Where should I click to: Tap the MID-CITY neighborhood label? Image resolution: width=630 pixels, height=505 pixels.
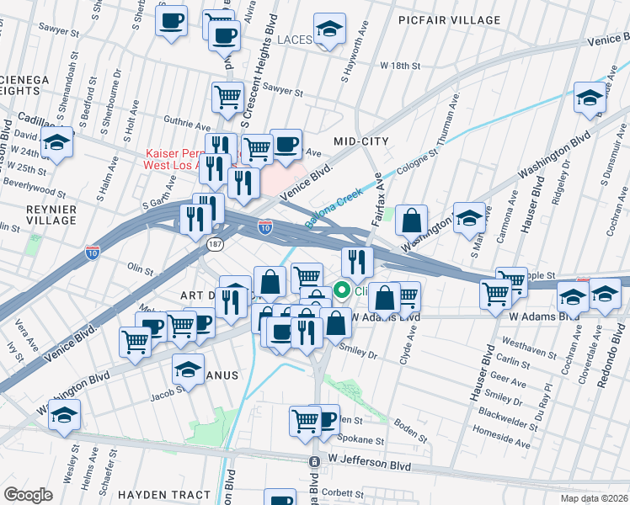click(360, 141)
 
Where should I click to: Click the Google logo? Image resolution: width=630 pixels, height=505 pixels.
click(28, 494)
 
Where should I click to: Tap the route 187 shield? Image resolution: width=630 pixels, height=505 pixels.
click(216, 243)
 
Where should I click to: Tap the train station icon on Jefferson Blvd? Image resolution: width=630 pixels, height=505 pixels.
click(314, 462)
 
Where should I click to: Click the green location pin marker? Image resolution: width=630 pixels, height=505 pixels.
click(343, 291)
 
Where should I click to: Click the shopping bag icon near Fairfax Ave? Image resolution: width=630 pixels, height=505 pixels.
click(410, 221)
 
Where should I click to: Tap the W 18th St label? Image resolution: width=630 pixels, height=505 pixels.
click(400, 65)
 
